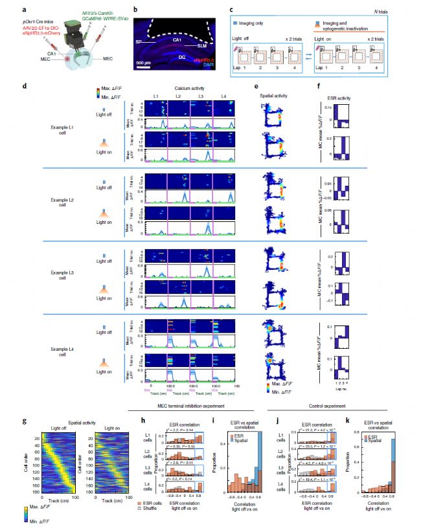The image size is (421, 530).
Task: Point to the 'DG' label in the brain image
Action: [x=181, y=58]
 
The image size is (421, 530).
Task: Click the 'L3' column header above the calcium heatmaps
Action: [x=201, y=96]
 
